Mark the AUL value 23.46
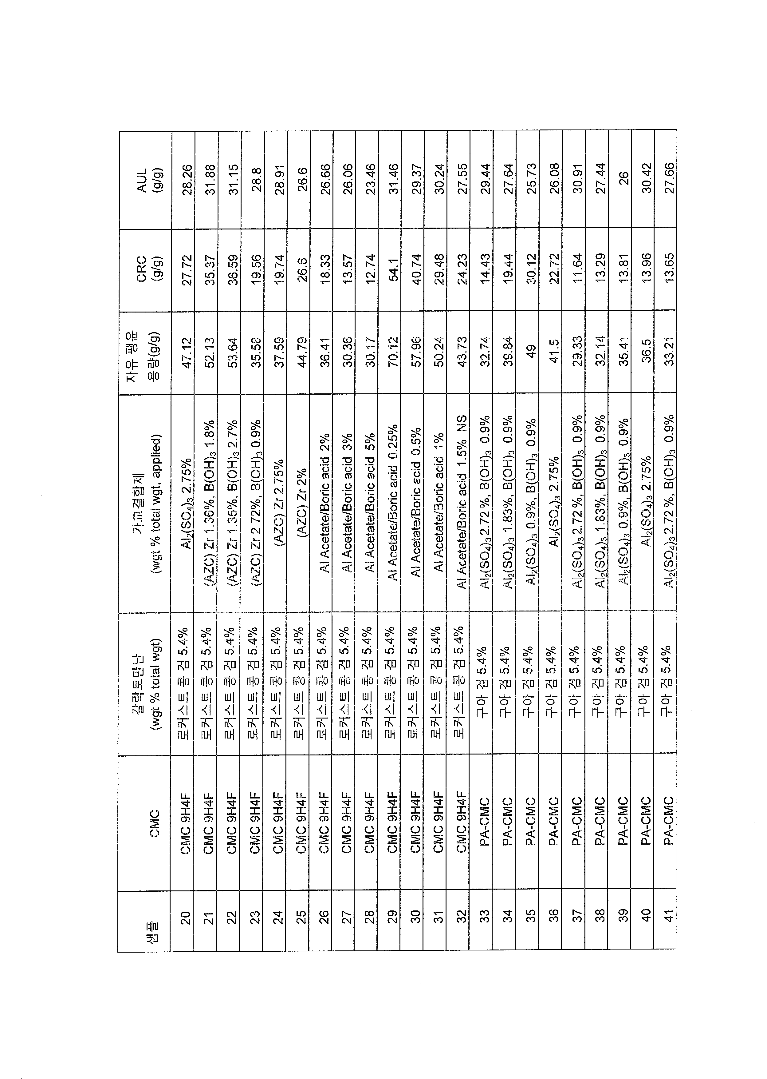(x=370, y=179)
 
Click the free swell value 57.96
(x=416, y=351)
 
